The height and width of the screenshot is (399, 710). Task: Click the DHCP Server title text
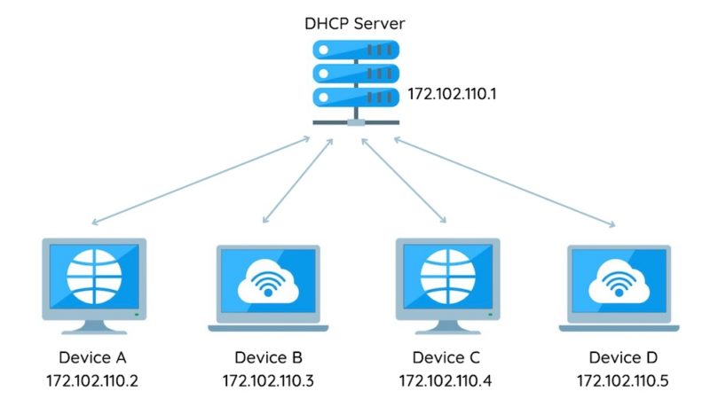pyautogui.click(x=355, y=21)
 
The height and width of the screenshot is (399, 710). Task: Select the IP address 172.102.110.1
pyautogui.click(x=451, y=92)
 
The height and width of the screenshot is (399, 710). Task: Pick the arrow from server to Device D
pyautogui.click(x=504, y=181)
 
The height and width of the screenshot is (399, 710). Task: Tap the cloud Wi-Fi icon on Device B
pyautogui.click(x=268, y=281)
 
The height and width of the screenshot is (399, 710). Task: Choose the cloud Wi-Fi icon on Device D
pyautogui.click(x=619, y=281)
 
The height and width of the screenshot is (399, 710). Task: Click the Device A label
pyautogui.click(x=93, y=358)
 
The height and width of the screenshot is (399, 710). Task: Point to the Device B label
pyautogui.click(x=268, y=358)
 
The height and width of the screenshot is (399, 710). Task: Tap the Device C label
pyautogui.click(x=446, y=358)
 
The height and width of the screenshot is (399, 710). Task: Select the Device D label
pyautogui.click(x=622, y=358)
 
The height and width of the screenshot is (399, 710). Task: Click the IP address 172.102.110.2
pyautogui.click(x=93, y=381)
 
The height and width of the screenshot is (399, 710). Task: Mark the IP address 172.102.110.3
pyautogui.click(x=268, y=381)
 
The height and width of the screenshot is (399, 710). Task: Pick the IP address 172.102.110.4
pyautogui.click(x=446, y=381)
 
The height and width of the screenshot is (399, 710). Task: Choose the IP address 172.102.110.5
pyautogui.click(x=622, y=381)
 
